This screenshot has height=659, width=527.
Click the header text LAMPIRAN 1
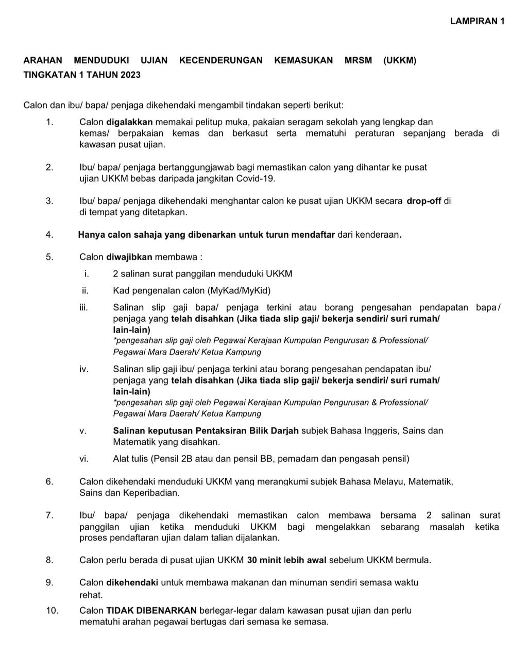(477, 21)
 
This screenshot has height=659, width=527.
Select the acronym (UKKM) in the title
(399, 61)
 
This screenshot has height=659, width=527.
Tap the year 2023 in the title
(130, 75)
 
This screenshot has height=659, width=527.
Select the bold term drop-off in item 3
(423, 201)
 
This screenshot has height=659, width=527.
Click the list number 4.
(49, 235)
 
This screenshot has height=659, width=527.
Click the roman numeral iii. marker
(84, 308)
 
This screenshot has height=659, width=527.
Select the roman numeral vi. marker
(84, 459)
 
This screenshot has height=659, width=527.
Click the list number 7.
(49, 515)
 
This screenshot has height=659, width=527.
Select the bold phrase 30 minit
(264, 560)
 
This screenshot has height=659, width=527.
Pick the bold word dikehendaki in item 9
(132, 583)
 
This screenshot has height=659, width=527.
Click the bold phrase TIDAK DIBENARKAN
(151, 611)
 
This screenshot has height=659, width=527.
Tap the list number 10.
(52, 611)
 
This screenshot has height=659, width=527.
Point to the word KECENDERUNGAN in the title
(220, 61)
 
